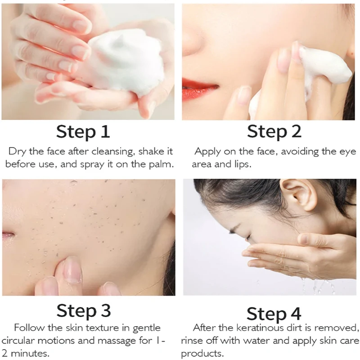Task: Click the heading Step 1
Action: click(x=83, y=132)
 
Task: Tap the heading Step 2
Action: click(x=274, y=132)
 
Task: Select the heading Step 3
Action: click(x=84, y=311)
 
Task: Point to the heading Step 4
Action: click(x=274, y=314)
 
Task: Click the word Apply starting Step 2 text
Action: click(x=207, y=152)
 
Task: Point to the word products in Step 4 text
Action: click(x=202, y=354)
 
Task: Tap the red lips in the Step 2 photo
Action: click(x=198, y=89)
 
